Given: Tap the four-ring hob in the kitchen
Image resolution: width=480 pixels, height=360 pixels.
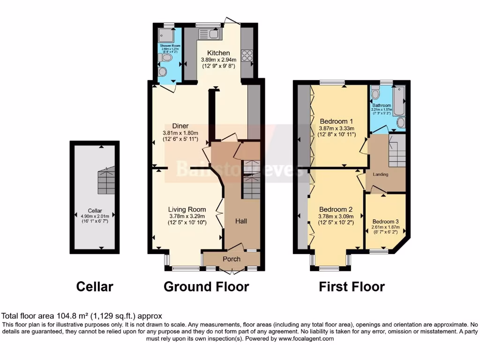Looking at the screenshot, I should click(247, 56).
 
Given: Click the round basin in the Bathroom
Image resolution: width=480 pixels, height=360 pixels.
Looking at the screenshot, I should click(401, 123).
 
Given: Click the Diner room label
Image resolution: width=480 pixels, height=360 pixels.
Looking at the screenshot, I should click(180, 126).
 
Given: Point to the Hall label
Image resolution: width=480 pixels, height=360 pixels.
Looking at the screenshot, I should click(241, 221).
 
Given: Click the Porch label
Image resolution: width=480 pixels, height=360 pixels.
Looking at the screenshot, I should click(231, 259).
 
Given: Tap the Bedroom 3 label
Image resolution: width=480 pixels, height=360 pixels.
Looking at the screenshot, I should click(386, 222).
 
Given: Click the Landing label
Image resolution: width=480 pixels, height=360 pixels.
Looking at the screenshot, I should click(381, 174).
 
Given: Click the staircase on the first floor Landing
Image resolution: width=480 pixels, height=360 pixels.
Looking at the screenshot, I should click(397, 150).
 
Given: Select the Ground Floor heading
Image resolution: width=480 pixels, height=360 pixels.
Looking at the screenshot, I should click(206, 286).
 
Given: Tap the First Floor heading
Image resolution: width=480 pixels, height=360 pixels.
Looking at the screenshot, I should click(352, 286).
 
